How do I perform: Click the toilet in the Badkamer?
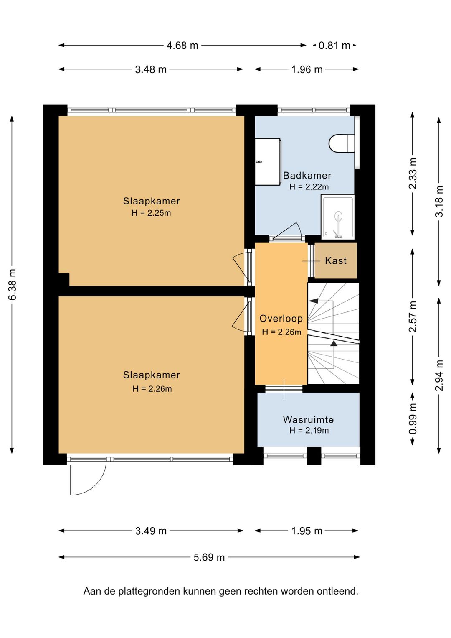tap(342, 144)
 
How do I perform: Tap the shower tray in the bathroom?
tap(338, 217)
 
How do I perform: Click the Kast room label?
tap(336, 260)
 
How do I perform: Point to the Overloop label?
tap(281, 319)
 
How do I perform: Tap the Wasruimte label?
tap(309, 419)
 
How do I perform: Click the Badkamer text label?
tap(307, 175)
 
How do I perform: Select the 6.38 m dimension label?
tap(12, 284)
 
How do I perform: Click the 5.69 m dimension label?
tap(209, 557)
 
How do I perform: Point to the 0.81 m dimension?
tap(334, 46)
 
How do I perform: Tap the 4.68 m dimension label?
tap(182, 46)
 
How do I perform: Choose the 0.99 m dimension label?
tap(413, 419)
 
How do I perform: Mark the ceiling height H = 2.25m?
tap(151, 213)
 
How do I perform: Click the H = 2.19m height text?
tap(309, 430)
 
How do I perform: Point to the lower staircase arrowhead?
tap(334, 343)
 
